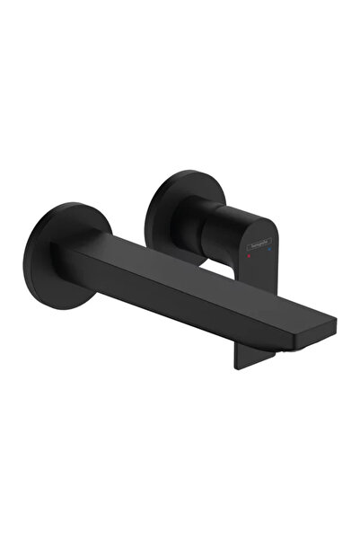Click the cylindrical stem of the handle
208,224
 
